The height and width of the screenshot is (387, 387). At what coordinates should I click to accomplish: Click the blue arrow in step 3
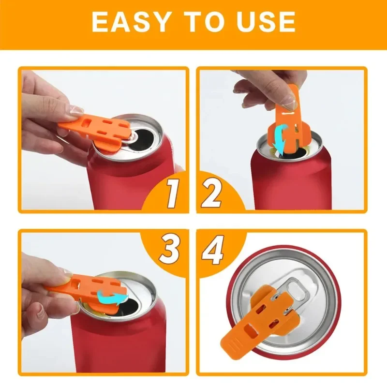tap(111, 295)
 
